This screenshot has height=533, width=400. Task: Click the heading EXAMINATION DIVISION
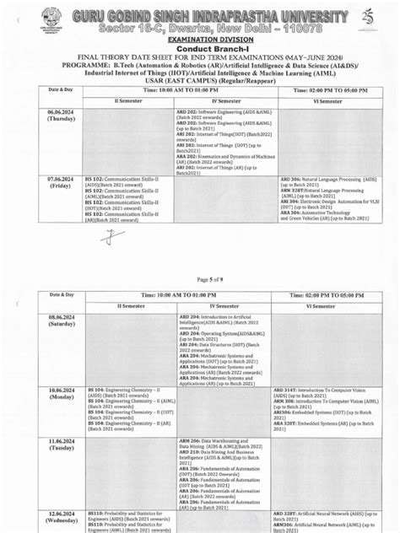[201, 40]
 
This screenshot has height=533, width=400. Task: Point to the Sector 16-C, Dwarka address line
[199, 28]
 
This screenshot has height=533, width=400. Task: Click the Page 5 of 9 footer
[208, 279]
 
